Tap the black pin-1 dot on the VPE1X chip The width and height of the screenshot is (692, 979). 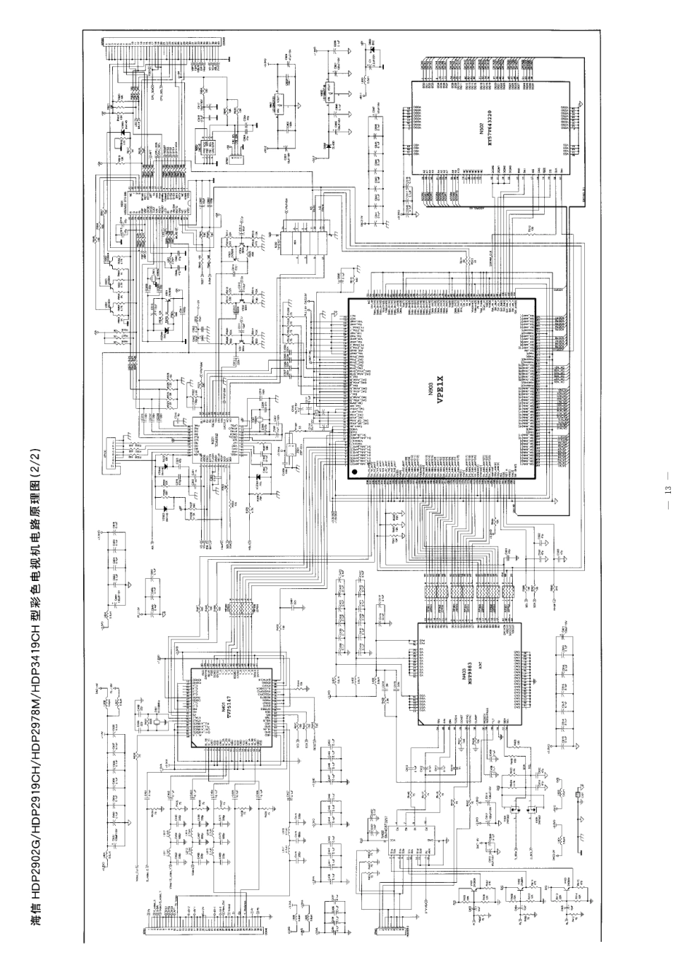(355, 472)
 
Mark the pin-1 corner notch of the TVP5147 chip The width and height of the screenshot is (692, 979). (194, 745)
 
